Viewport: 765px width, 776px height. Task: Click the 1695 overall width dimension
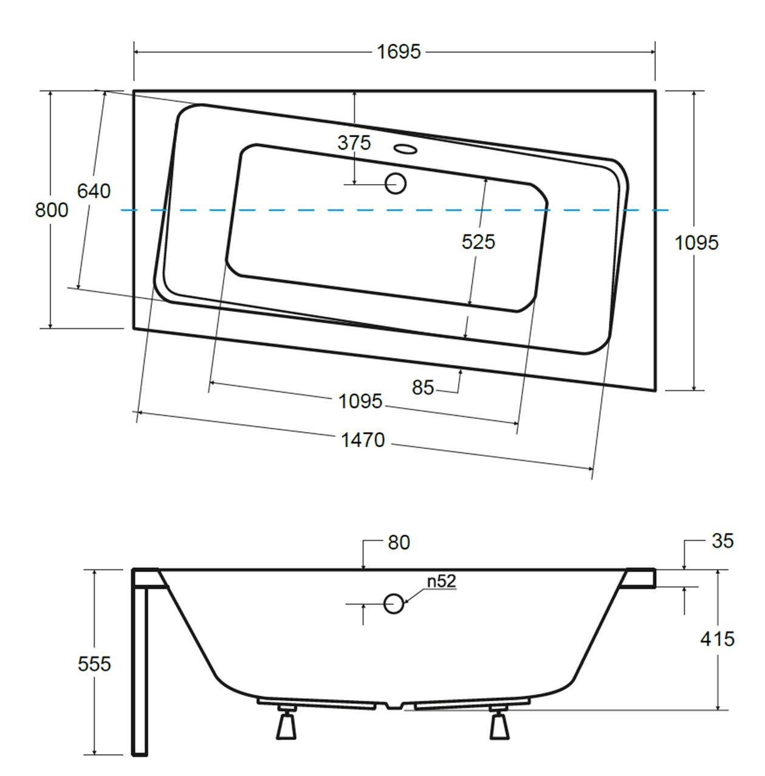click(399, 52)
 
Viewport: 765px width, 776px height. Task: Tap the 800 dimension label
click(52, 210)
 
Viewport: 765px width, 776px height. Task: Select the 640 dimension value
click(94, 191)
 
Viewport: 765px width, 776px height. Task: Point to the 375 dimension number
click(354, 143)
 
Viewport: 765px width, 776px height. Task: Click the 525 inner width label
click(478, 242)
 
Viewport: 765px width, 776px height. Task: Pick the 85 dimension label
click(423, 388)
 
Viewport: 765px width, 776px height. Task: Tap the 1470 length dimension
click(363, 440)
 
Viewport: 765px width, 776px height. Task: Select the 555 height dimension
click(94, 664)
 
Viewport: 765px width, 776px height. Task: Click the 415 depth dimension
click(718, 639)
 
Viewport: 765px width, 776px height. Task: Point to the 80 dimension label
click(399, 543)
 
